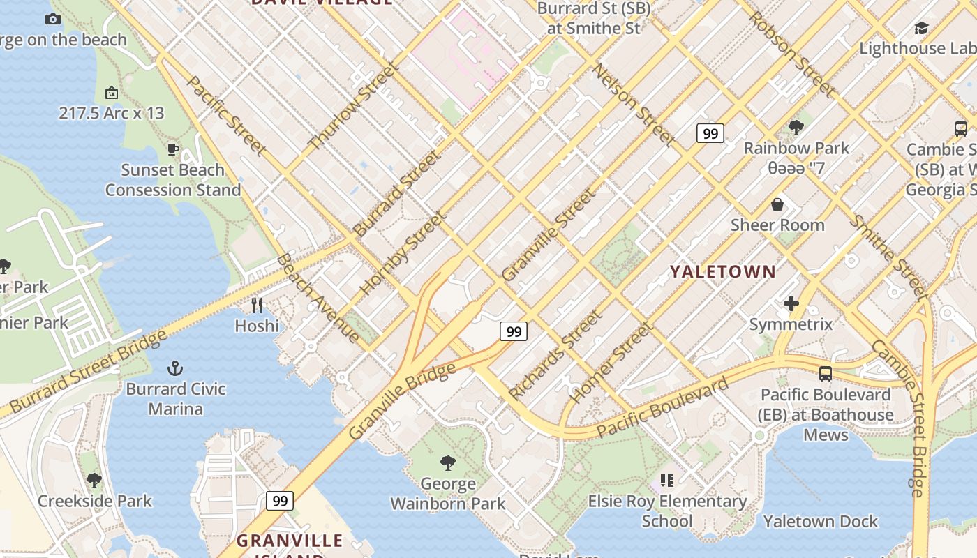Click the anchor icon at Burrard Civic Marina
[x=175, y=368]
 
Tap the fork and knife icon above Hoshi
[x=257, y=305]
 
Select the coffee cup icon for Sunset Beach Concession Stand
[x=172, y=149]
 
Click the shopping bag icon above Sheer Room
[x=777, y=204]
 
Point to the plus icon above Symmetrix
[x=791, y=303]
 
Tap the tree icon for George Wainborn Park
[x=448, y=462]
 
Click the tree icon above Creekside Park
[x=94, y=480]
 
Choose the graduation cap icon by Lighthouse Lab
[x=921, y=28]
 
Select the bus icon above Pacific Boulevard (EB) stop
[x=826, y=373]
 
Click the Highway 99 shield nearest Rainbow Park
[x=710, y=133]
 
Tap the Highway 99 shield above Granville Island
[x=280, y=500]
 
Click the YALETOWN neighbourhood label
[x=723, y=272]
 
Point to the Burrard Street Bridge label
[x=88, y=371]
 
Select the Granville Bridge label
[x=402, y=401]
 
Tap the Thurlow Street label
[x=354, y=106]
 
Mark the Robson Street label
[x=791, y=54]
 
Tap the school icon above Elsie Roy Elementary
[x=667, y=480]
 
